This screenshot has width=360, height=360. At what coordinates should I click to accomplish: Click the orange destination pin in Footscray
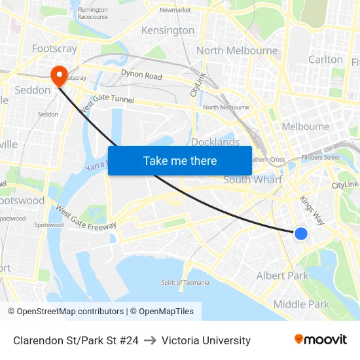point(59,75)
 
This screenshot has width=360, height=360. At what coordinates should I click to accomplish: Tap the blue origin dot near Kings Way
point(301,233)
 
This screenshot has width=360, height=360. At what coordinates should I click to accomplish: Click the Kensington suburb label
point(168,30)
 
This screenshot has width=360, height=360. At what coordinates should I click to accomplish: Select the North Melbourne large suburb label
point(237,50)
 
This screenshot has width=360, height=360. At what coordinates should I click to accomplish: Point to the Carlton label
point(325,60)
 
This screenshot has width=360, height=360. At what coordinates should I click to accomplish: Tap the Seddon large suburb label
point(33,90)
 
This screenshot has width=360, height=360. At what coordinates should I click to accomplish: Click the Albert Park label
point(282,276)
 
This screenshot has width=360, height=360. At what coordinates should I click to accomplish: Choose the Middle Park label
point(301,304)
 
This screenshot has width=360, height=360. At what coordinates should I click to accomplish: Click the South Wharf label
point(253,179)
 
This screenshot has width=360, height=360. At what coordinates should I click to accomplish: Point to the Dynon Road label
point(141,76)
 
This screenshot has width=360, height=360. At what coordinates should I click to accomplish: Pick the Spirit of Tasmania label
point(185,282)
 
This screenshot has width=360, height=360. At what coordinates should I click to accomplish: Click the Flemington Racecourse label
point(92,14)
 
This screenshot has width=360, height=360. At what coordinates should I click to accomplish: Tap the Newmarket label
point(175,10)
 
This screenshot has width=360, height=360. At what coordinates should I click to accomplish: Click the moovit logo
point(320,340)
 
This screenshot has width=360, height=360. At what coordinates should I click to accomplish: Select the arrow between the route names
point(150,340)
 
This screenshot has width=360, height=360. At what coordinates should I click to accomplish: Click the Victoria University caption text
point(206,340)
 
